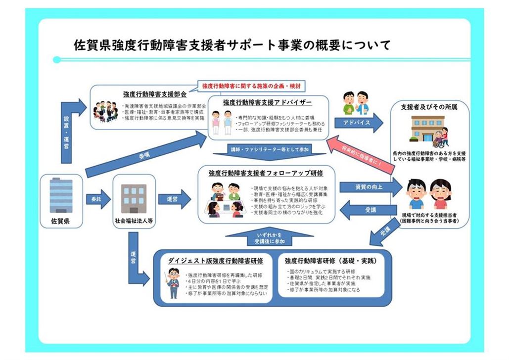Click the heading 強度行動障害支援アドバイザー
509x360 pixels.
click(x=267, y=103)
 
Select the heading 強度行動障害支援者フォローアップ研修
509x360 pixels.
click(x=266, y=174)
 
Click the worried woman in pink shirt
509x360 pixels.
click(x=440, y=195)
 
